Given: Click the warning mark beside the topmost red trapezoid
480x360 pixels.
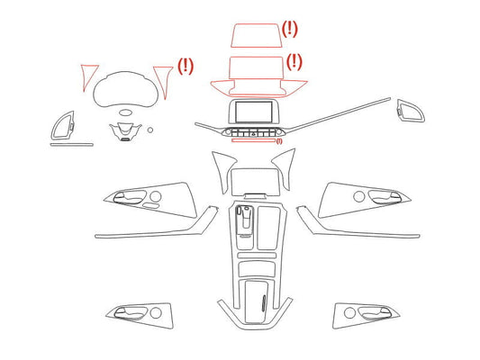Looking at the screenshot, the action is (x=289, y=29).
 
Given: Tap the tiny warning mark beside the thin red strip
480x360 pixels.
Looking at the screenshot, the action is (x=279, y=141).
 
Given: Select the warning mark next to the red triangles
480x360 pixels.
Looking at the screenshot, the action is (x=186, y=66).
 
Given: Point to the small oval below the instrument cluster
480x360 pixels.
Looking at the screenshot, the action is (x=125, y=112).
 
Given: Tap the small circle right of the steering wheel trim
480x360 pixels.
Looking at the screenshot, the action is (x=150, y=130).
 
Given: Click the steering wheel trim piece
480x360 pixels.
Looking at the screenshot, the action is (x=125, y=131).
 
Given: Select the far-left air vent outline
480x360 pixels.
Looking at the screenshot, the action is (x=63, y=126).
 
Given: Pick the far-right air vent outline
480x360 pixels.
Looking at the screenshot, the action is (x=411, y=111).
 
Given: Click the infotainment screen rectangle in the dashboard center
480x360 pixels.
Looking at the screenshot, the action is (x=254, y=112).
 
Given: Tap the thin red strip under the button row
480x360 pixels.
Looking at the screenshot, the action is (x=253, y=140).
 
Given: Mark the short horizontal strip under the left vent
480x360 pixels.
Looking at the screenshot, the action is (x=72, y=145).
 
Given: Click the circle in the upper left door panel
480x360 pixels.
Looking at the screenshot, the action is (x=156, y=196).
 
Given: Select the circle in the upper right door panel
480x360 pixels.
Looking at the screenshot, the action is (x=358, y=196).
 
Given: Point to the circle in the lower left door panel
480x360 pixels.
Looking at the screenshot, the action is (x=156, y=313).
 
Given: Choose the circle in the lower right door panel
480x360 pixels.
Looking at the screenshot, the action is (x=349, y=313).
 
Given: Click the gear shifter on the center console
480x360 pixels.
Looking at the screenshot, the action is (x=246, y=220).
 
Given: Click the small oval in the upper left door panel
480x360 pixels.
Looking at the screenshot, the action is (x=150, y=205).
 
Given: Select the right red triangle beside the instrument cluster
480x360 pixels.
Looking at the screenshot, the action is (x=164, y=82).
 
